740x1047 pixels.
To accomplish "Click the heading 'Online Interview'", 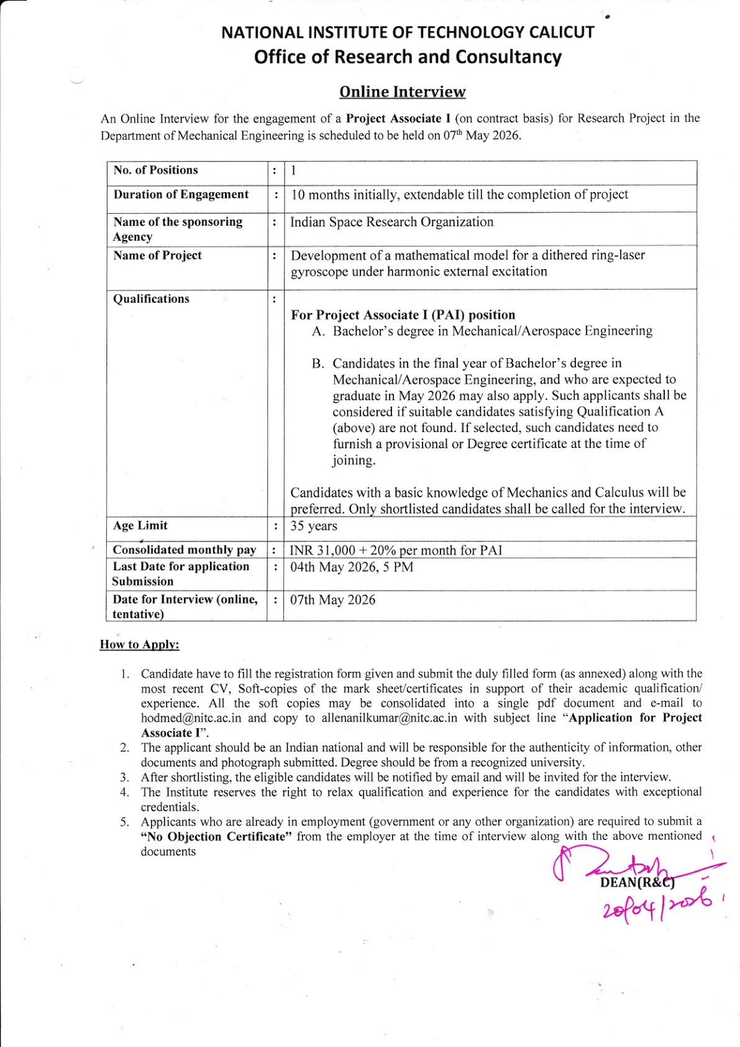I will click(x=402, y=92).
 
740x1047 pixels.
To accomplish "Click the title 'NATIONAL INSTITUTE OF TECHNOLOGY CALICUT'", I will click(x=408, y=32).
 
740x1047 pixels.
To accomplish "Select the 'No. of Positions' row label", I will click(x=155, y=170).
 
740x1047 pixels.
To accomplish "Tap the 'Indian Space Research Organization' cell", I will click(x=391, y=223).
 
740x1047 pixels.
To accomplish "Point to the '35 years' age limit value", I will click(x=314, y=526).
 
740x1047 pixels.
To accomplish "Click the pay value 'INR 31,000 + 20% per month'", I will click(x=395, y=550).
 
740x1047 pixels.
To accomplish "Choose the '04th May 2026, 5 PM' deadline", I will click(x=351, y=567).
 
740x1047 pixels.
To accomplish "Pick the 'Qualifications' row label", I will click(x=151, y=299).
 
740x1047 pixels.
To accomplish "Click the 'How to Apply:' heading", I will click(x=139, y=645).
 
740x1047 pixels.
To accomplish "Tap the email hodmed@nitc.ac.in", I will click(x=191, y=718).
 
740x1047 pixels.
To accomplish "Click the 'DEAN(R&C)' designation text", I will click(x=637, y=882).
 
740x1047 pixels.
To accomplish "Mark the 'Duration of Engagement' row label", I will click(x=181, y=195).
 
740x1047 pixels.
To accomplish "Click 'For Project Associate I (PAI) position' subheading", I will click(x=403, y=315).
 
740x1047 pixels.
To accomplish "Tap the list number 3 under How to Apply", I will click(x=125, y=778).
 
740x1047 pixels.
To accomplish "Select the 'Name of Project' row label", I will click(x=157, y=256).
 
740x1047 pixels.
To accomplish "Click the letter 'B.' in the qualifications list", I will click(x=318, y=364).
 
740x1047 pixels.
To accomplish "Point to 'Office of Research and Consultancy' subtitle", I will click(x=408, y=57).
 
